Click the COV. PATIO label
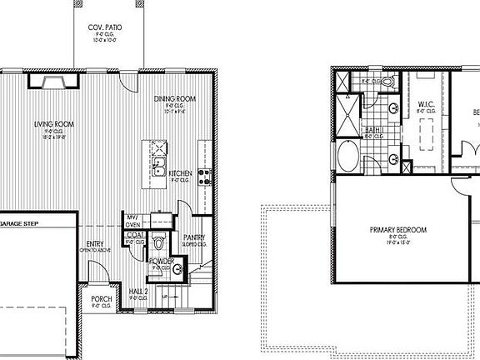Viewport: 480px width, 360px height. pyautogui.click(x=106, y=27)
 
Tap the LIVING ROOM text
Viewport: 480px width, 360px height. pyautogui.click(x=49, y=124)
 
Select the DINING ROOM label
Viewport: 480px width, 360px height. pyautogui.click(x=174, y=100)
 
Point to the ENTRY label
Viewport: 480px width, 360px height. pyautogui.click(x=95, y=243)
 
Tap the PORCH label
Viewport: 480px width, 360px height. pyautogui.click(x=102, y=299)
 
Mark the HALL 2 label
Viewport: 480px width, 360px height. pyautogui.click(x=139, y=290)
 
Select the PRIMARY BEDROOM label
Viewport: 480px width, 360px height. pyautogui.click(x=398, y=229)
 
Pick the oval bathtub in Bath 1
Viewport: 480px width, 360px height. pyautogui.click(x=347, y=154)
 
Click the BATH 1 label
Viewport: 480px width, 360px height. pyautogui.click(x=374, y=131)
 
